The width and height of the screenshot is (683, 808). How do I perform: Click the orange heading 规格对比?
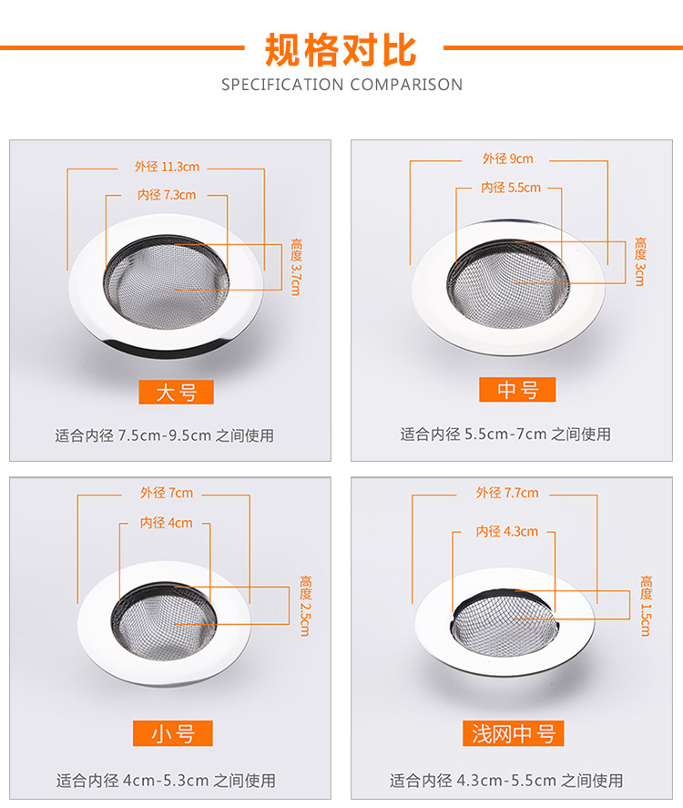[x=341, y=50]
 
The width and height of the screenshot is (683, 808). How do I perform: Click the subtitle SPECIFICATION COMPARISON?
[x=342, y=85]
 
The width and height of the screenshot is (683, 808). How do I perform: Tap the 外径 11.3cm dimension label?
[x=167, y=167]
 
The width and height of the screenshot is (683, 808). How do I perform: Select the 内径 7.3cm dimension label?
[x=167, y=195]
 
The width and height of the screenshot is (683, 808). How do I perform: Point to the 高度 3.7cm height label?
[x=296, y=266]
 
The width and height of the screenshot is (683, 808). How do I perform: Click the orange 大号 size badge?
[x=176, y=392]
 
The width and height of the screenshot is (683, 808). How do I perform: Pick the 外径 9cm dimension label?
[x=508, y=159]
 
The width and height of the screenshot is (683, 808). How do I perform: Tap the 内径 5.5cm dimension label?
[x=511, y=188]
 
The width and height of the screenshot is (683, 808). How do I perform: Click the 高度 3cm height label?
[x=640, y=261]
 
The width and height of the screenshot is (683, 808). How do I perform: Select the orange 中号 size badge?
[x=517, y=390]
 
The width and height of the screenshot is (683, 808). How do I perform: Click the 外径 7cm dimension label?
[x=167, y=493]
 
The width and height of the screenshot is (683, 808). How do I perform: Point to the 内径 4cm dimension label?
[x=167, y=523]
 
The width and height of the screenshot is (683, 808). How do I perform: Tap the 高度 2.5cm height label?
[x=305, y=606]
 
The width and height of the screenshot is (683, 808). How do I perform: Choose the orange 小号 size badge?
[x=172, y=733]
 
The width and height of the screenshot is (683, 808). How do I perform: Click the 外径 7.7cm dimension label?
[x=507, y=493]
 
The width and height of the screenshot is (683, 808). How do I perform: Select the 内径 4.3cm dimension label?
[x=507, y=531]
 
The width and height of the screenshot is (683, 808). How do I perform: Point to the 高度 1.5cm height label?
[x=646, y=606]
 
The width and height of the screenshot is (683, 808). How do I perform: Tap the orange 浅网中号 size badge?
[x=514, y=733]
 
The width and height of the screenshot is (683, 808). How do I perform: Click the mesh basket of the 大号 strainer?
[x=166, y=282]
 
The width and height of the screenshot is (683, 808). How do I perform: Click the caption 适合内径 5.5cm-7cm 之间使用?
[x=505, y=434]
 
